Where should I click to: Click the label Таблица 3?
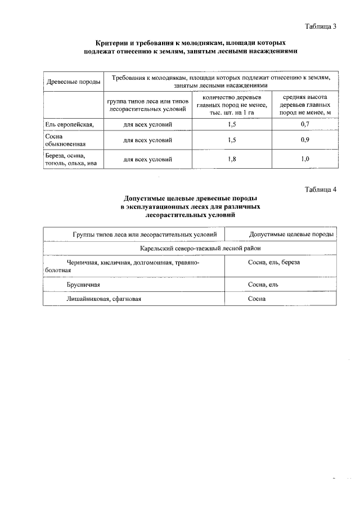(x=320, y=26)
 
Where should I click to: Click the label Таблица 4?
(x=320, y=189)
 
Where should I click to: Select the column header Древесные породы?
(x=73, y=81)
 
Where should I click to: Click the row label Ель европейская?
(x=65, y=123)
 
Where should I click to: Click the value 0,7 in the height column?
(x=305, y=123)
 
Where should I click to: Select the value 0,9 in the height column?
(x=305, y=140)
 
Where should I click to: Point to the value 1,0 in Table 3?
(x=305, y=159)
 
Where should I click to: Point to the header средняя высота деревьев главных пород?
(x=305, y=105)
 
